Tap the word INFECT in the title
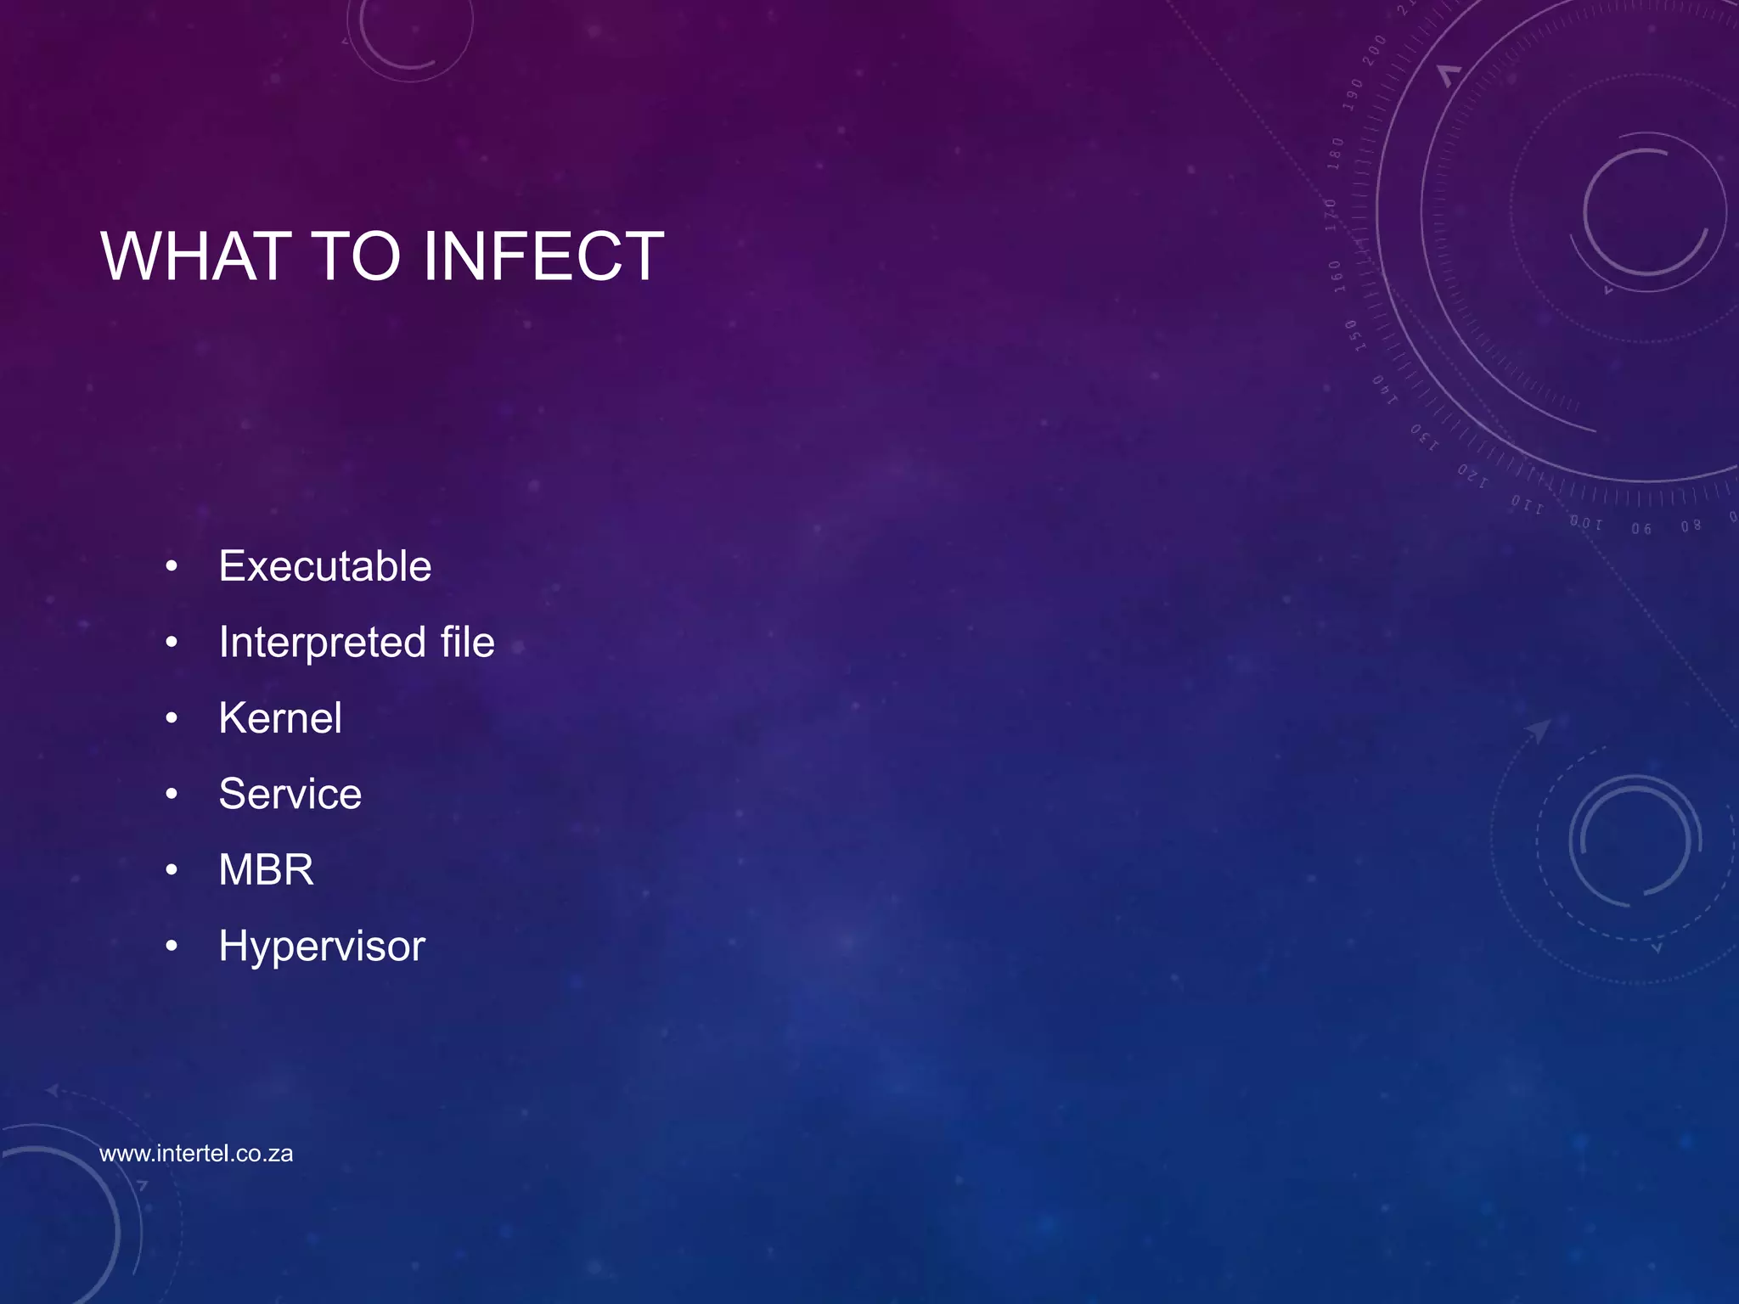click(543, 256)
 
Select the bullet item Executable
click(324, 566)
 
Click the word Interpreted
click(322, 643)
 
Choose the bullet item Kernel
click(280, 718)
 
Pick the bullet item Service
click(290, 794)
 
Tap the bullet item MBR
click(266, 870)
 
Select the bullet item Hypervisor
click(321, 947)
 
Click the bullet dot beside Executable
click(172, 566)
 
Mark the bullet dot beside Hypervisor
click(172, 946)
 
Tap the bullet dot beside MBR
click(172, 870)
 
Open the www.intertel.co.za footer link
click(196, 1154)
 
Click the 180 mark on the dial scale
click(1336, 153)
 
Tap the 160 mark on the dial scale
click(1336, 276)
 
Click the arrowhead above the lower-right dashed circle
click(1538, 729)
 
